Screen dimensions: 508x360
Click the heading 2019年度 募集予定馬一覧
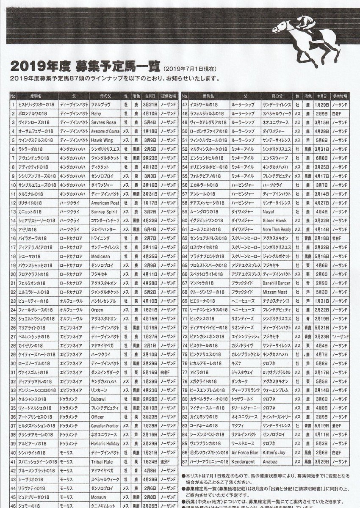point(85,66)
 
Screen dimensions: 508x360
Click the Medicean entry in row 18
point(100,256)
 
